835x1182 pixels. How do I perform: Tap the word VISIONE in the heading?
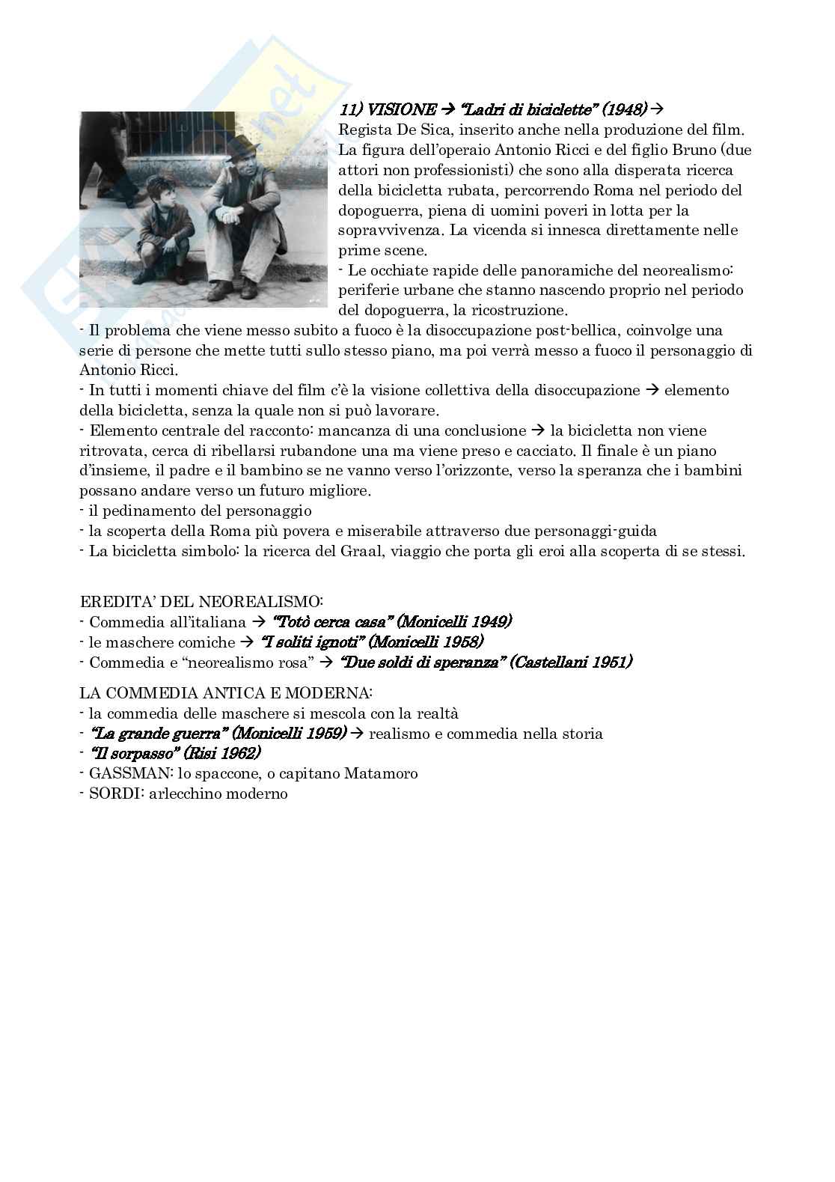403,110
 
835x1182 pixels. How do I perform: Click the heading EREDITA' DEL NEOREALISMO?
201,601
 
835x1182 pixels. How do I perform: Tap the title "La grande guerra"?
158,734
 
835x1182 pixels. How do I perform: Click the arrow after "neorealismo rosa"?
326,662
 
